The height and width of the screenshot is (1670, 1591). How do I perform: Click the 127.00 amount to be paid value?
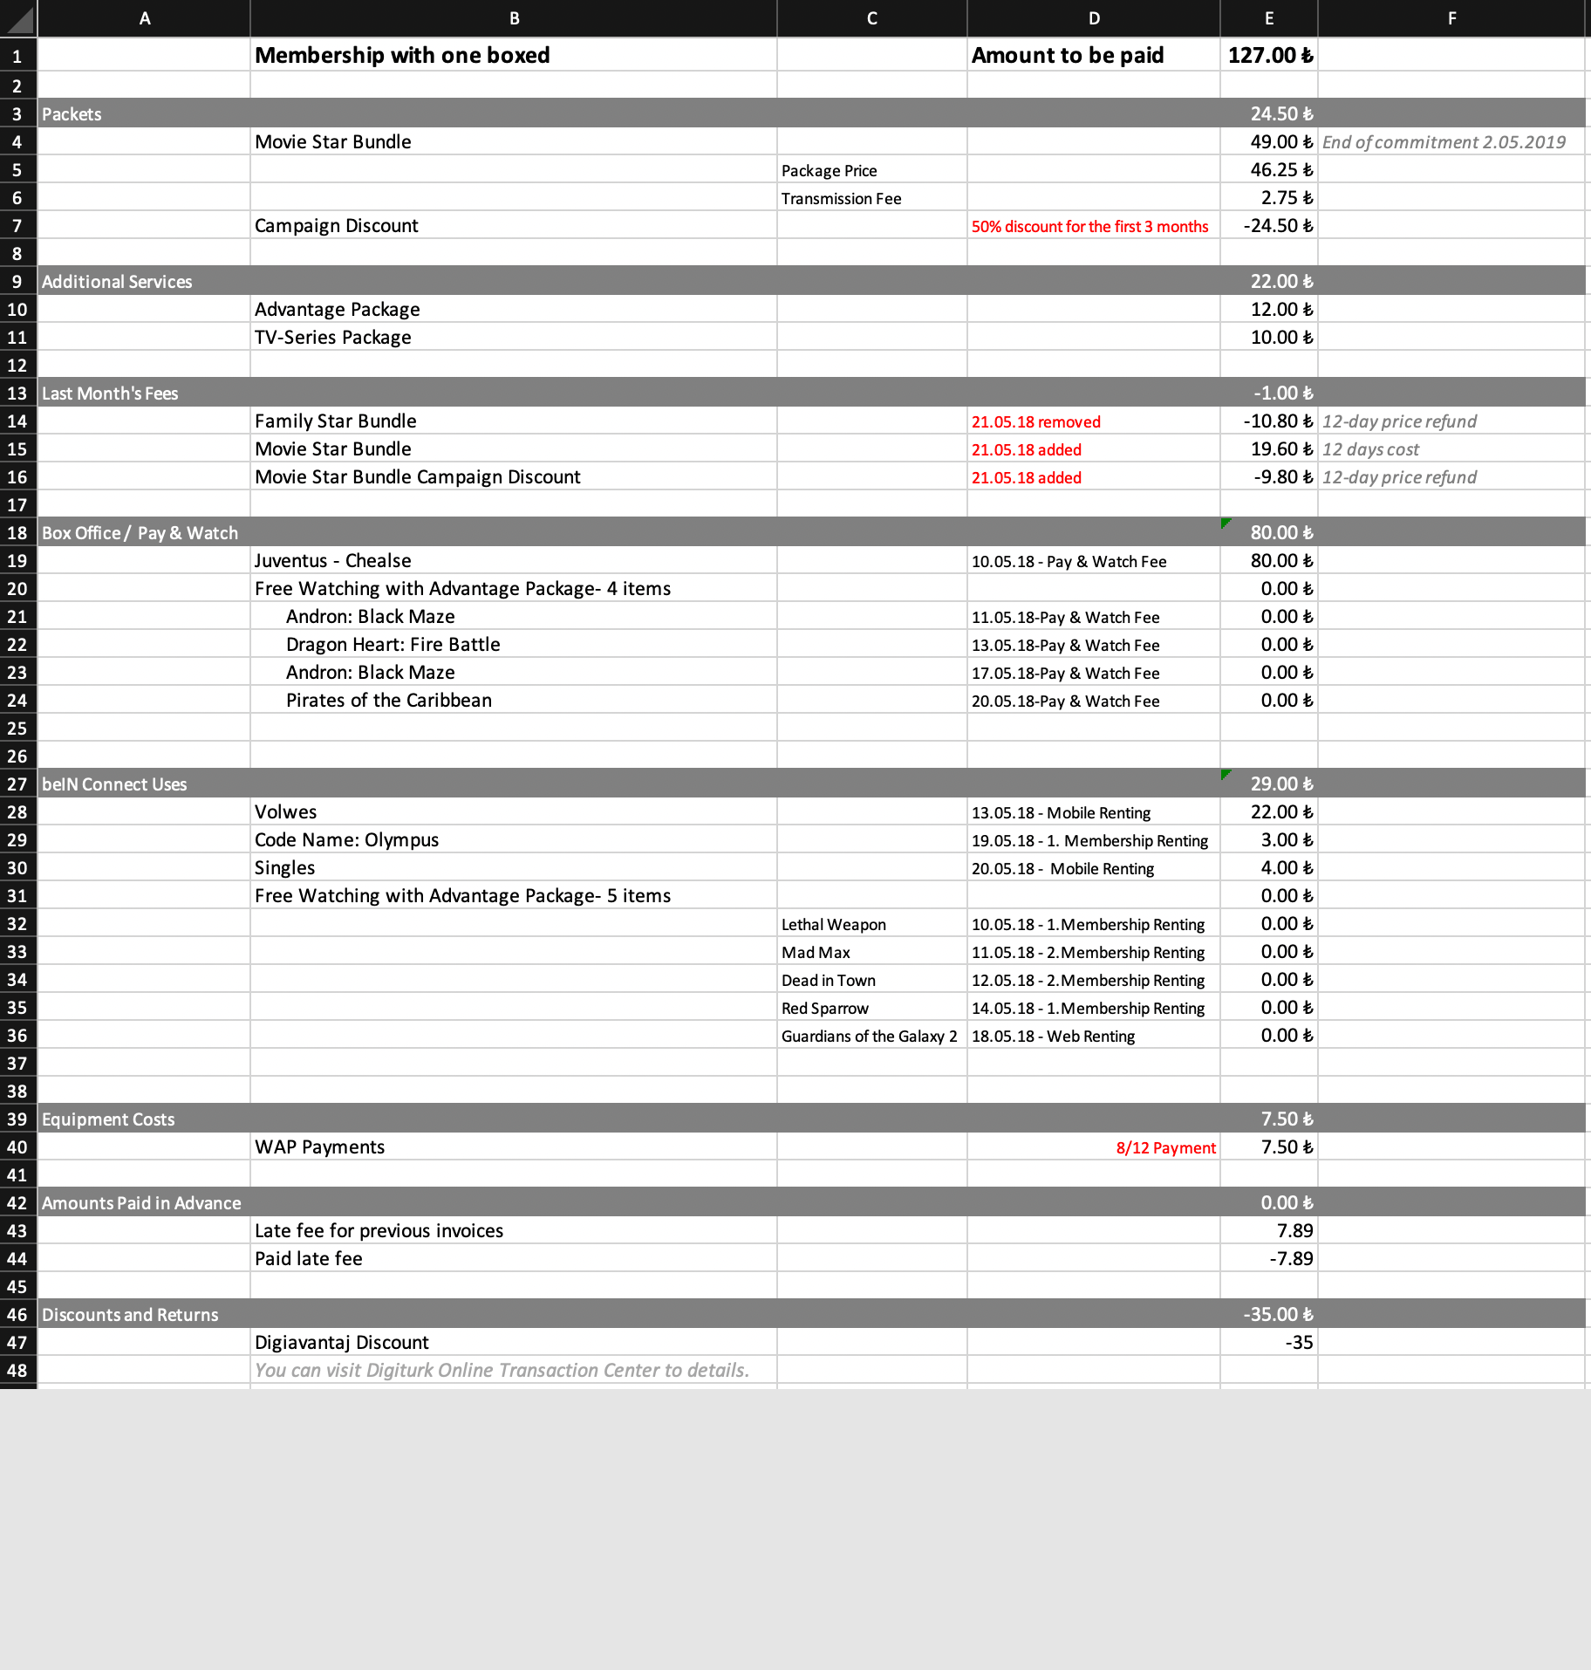tap(1269, 56)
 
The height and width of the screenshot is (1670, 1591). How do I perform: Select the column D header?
tap(1093, 18)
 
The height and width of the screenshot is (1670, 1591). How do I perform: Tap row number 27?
tap(17, 784)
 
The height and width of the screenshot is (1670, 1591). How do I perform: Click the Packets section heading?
tap(72, 114)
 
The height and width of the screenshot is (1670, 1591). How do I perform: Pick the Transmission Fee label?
tap(841, 199)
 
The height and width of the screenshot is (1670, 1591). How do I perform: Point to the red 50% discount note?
tap(1089, 227)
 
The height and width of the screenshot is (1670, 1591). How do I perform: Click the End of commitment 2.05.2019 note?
tap(1444, 142)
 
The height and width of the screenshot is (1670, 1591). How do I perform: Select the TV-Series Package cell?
tap(332, 338)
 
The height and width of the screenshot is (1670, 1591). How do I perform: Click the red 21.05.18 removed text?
tap(1035, 422)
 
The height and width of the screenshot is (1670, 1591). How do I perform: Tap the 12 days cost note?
tap(1370, 450)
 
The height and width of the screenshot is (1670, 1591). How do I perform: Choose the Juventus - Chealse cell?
tap(332, 561)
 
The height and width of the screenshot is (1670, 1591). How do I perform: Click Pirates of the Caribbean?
tap(388, 701)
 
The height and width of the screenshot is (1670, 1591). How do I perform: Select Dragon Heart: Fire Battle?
tap(393, 645)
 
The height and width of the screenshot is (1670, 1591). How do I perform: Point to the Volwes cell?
tap(285, 812)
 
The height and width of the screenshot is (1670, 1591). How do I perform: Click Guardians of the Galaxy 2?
tap(869, 1037)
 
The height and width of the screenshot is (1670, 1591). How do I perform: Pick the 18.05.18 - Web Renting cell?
tap(1053, 1037)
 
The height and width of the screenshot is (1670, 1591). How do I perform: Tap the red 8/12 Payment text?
tap(1165, 1148)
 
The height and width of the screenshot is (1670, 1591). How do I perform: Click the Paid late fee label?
tap(308, 1259)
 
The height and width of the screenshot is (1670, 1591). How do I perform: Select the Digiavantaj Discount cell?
tap(341, 1343)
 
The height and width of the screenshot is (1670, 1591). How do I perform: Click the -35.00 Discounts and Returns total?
tap(1277, 1315)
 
